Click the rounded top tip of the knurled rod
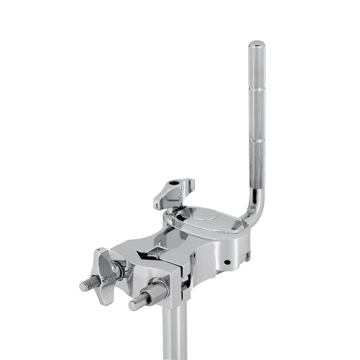click(x=257, y=44)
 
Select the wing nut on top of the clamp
click(x=174, y=193)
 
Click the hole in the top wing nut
click(x=175, y=184)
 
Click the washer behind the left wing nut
click(x=118, y=270)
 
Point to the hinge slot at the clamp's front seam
click(x=185, y=284)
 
